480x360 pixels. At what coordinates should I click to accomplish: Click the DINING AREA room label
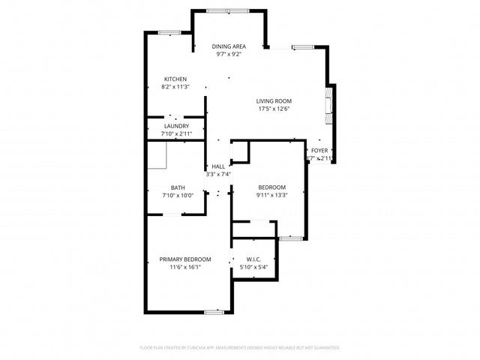click(x=228, y=46)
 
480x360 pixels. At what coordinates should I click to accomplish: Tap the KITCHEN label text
click(x=175, y=79)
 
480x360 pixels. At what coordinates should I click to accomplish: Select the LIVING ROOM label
click(x=274, y=100)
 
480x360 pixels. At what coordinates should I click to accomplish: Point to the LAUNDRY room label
click(x=176, y=126)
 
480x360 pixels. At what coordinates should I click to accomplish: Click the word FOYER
click(x=319, y=151)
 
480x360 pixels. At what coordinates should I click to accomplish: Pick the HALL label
click(x=218, y=166)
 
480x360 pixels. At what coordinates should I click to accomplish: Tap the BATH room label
click(x=178, y=187)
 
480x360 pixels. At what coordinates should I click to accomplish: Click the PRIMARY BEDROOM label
click(x=184, y=259)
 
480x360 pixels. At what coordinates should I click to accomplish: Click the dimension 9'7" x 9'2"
click(x=228, y=54)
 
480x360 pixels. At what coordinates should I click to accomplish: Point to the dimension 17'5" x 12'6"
click(x=274, y=109)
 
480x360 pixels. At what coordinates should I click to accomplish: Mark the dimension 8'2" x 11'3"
click(x=175, y=87)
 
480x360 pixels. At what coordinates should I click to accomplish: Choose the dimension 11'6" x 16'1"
click(x=184, y=267)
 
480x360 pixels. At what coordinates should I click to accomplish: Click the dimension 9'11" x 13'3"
click(x=271, y=195)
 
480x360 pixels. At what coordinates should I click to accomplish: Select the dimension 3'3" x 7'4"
click(x=218, y=174)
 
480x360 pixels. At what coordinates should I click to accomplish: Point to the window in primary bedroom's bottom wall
click(x=214, y=310)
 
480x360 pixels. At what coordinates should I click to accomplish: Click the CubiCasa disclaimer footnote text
click(x=240, y=348)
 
